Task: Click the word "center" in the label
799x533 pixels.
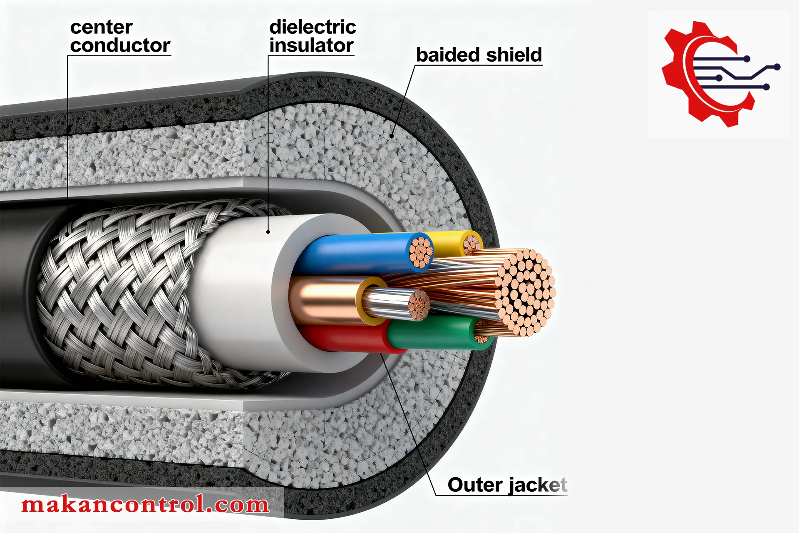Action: pyautogui.click(x=101, y=27)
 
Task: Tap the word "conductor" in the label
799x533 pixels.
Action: pyautogui.click(x=120, y=45)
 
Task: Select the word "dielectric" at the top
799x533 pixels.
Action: pyautogui.click(x=313, y=27)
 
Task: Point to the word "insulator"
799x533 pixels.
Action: pyautogui.click(x=312, y=45)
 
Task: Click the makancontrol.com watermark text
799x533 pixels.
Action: pyautogui.click(x=145, y=505)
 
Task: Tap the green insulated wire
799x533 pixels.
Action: pyautogui.click(x=433, y=333)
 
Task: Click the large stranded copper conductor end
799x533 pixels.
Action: pyautogui.click(x=525, y=291)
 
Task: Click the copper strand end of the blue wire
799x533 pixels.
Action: pyautogui.click(x=420, y=252)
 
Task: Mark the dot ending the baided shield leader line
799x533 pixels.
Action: pyautogui.click(x=392, y=136)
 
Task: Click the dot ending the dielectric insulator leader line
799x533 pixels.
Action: pyautogui.click(x=268, y=232)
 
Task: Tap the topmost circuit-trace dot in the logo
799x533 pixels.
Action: pyautogui.click(x=747, y=59)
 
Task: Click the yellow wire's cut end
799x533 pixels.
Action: pyautogui.click(x=471, y=242)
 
